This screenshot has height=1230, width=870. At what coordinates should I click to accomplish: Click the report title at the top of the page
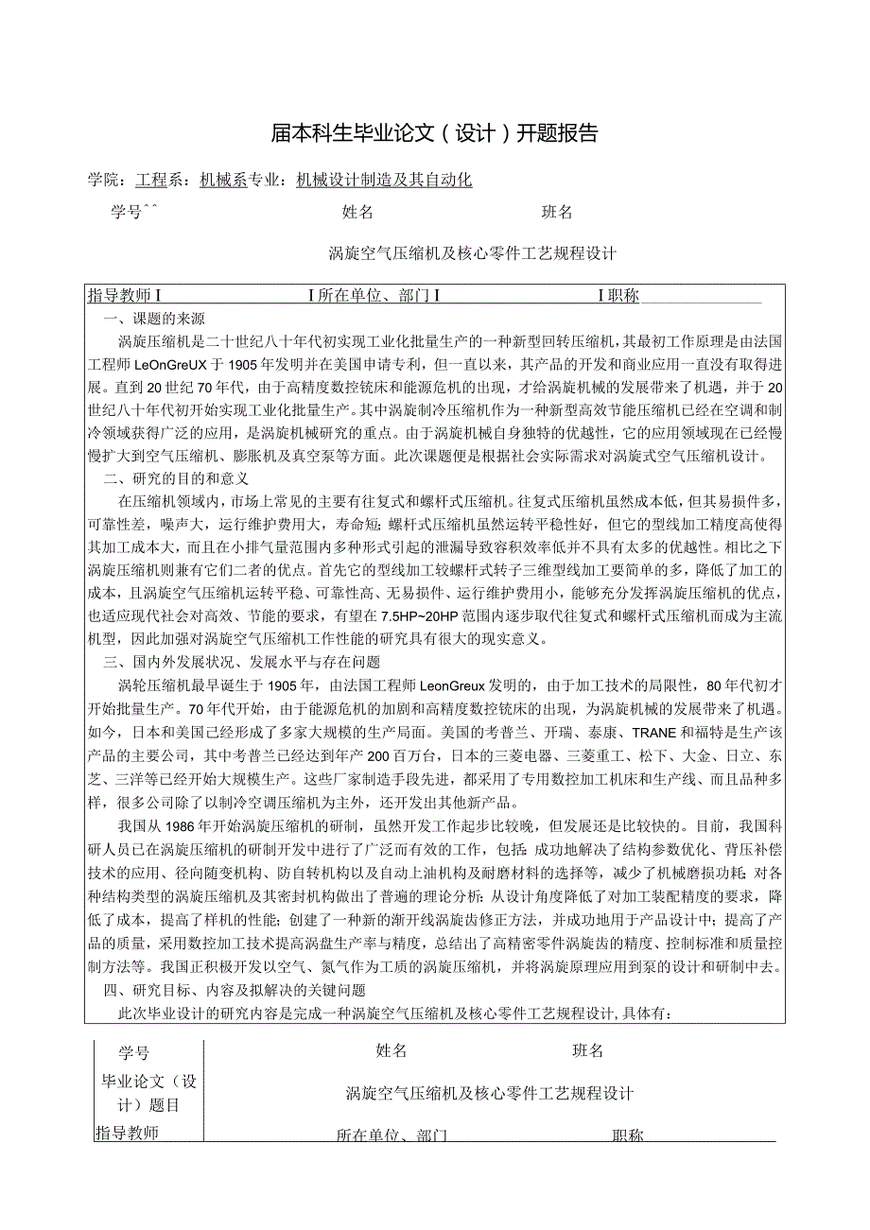[x=435, y=133]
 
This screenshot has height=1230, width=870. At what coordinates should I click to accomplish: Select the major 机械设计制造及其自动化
[x=384, y=180]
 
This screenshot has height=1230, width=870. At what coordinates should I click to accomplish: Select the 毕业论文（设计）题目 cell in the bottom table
[x=148, y=1092]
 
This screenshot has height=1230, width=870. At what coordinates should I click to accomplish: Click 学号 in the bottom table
[x=133, y=1052]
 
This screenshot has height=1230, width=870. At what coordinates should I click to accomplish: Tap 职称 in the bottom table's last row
[x=627, y=1135]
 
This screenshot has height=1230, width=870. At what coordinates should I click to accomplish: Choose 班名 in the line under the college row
[x=557, y=213]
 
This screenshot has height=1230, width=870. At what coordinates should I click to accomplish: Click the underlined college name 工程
[x=150, y=180]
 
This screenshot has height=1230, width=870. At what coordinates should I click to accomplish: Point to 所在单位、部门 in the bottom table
[x=391, y=1135]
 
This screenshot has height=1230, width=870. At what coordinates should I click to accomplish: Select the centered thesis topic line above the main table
[x=473, y=253]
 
